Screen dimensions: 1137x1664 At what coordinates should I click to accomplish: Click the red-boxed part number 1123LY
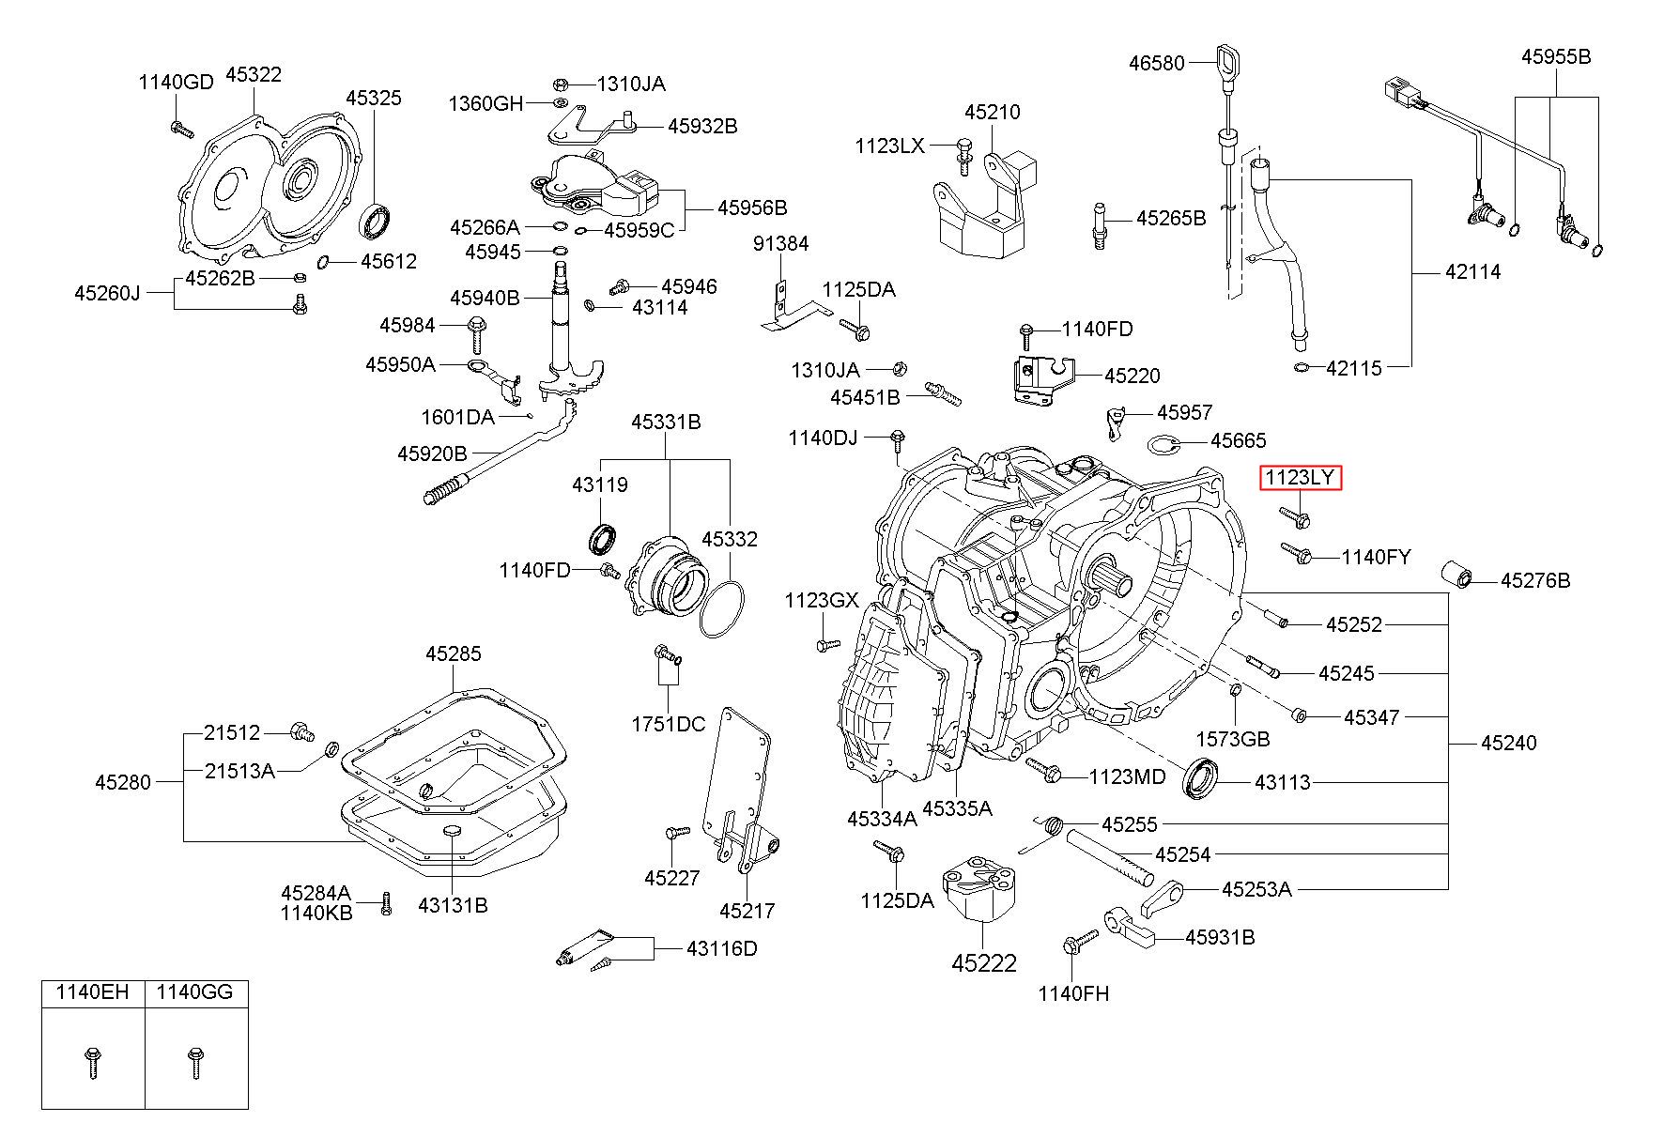coord(1301,478)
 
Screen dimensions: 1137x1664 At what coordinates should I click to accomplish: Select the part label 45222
coord(983,963)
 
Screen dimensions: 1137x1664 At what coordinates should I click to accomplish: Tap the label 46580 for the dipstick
coord(1156,63)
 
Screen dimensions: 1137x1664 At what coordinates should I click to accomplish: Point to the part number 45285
coord(453,653)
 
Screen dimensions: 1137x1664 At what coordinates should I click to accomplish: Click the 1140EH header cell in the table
coord(92,992)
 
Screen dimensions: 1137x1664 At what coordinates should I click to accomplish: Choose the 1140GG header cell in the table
coord(195,992)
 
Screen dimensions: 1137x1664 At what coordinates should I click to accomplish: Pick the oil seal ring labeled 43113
coord(1203,777)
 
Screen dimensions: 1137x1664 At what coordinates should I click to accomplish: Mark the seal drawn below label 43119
coord(604,540)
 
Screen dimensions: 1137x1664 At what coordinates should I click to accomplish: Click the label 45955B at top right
coord(1556,56)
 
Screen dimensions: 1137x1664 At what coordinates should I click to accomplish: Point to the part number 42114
coord(1472,272)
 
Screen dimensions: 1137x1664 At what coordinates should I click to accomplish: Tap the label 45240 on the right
coord(1508,743)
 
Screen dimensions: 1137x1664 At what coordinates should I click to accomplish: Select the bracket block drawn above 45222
coord(979,887)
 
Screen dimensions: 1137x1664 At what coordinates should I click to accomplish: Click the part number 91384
coord(780,244)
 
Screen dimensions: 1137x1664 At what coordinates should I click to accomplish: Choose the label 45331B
coord(666,423)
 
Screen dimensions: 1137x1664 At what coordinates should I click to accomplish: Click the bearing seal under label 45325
coord(377,223)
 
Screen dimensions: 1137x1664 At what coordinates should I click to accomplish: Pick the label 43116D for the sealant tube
coord(721,948)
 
